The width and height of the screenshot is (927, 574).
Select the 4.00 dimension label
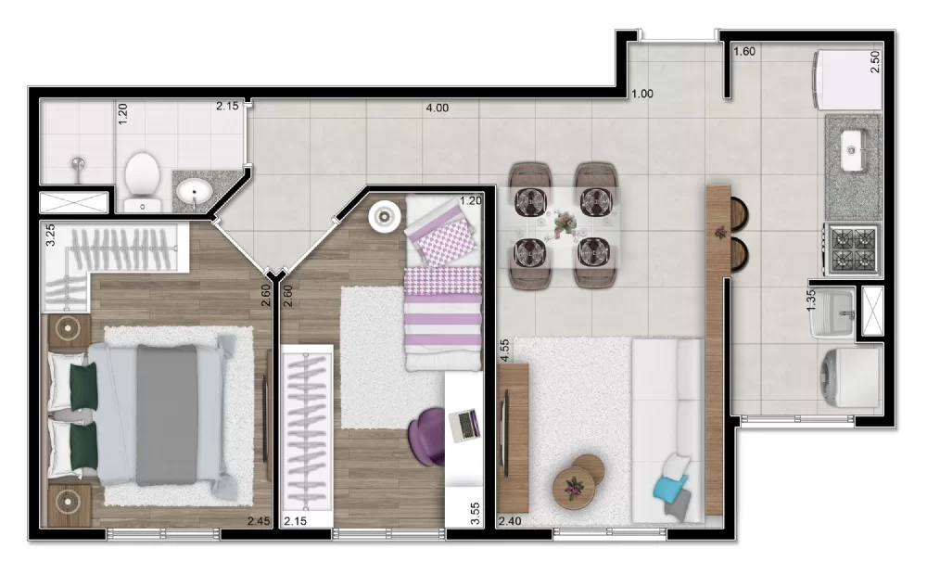pyautogui.click(x=437, y=108)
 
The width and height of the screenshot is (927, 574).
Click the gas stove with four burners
pyautogui.click(x=853, y=249)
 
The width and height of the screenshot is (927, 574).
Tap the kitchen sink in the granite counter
pyautogui.click(x=854, y=146)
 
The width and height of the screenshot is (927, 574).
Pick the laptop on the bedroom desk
pyautogui.click(x=463, y=424)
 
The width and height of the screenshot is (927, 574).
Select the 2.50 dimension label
pyautogui.click(x=875, y=62)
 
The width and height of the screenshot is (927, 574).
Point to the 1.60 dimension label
pyautogui.click(x=744, y=52)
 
